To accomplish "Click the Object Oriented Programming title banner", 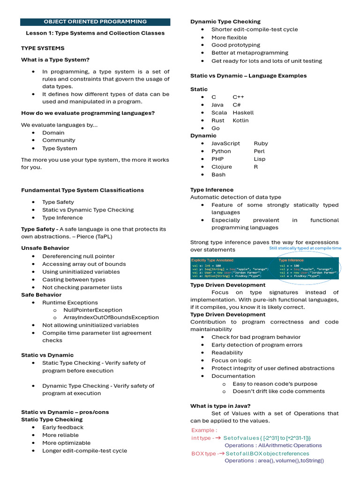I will tap(95, 22).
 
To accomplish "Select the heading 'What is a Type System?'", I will tap(55, 60).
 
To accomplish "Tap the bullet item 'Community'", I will tap(59, 140).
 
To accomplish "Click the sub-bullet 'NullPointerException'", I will tap(92, 310).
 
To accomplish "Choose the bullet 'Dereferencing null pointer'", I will tap(78, 256).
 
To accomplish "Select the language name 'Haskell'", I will tap(243, 112).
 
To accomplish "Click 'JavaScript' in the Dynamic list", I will tap(225, 143).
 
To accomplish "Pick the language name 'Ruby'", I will tap(261, 143).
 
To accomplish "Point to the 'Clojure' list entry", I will tap(221, 167).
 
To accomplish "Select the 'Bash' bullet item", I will tap(218, 174).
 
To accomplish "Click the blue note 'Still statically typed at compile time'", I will tap(305, 248).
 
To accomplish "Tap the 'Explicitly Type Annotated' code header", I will tap(212, 260).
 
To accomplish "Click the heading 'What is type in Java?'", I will tap(220, 406).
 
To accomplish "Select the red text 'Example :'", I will tap(204, 430).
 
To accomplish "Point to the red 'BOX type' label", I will tap(204, 454).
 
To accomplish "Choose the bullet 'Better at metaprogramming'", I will tap(250, 53).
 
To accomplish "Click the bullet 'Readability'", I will tap(227, 352).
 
